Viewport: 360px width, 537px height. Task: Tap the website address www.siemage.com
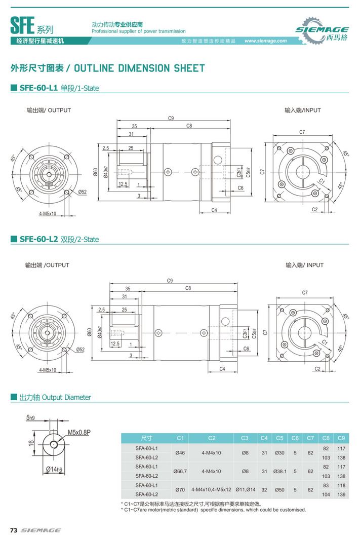coord(265,41)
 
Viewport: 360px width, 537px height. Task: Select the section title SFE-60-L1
coord(38,88)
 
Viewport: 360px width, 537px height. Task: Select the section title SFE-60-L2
coord(38,239)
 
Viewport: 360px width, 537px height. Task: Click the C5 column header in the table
coord(279,438)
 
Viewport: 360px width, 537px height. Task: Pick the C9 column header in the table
coord(341,438)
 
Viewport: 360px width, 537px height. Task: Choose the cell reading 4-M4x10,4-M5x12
coord(211,489)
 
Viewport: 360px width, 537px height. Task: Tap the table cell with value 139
coord(341,494)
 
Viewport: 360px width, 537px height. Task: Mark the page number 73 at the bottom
coord(14,530)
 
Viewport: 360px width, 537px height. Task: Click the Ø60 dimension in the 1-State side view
coord(95,172)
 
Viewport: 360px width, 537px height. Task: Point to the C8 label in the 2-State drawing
coord(188,288)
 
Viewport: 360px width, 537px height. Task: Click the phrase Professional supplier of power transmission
coord(138,31)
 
